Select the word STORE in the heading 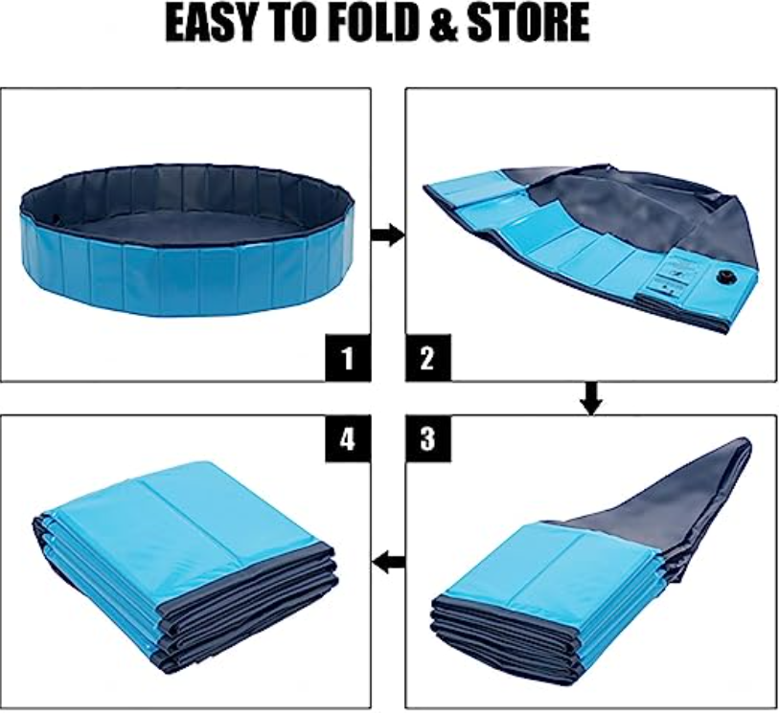528,23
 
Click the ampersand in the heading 444,23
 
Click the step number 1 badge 348,358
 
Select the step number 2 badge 428,358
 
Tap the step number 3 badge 428,438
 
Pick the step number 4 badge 348,438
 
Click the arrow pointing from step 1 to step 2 388,234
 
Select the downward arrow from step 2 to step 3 591,398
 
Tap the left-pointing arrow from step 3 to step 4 388,563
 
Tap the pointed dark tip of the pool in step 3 745,444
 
